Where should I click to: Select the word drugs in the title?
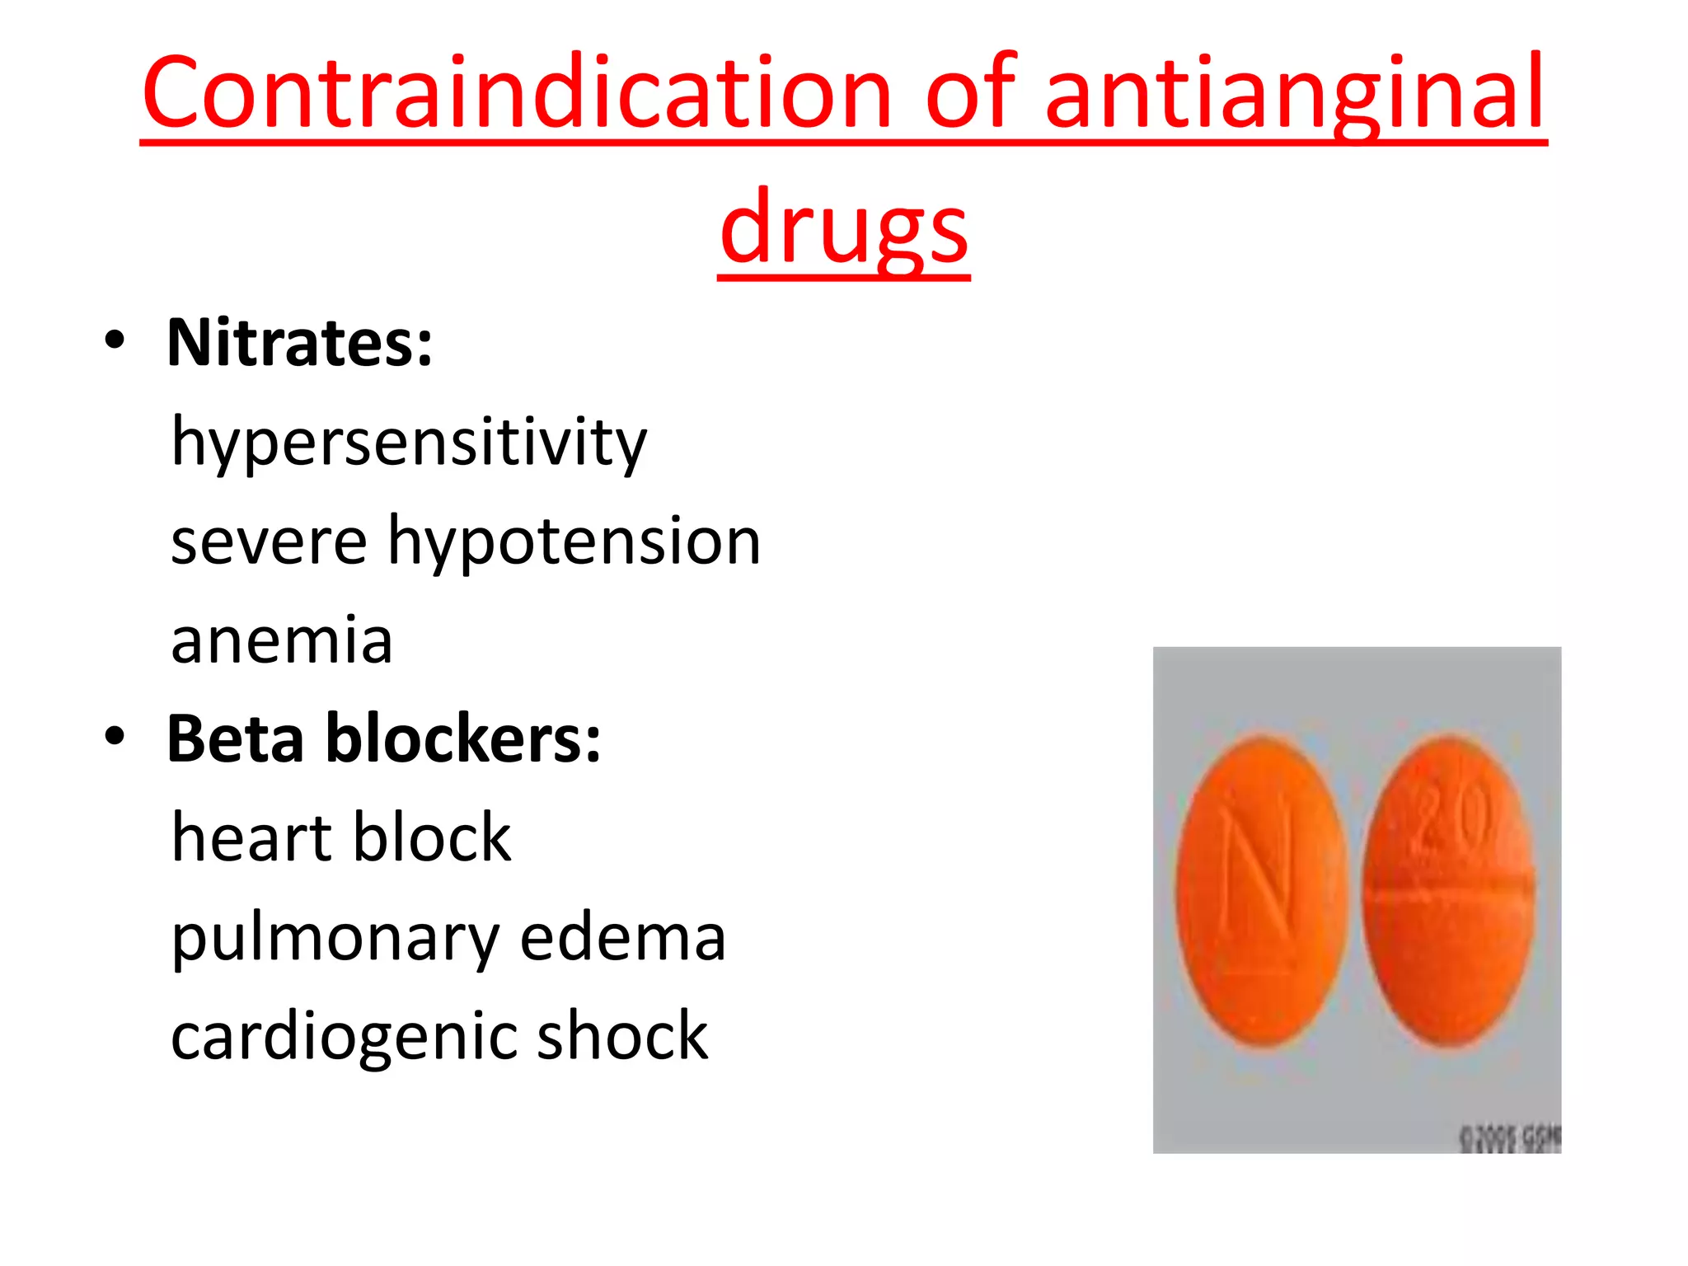(843, 229)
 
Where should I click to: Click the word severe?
(269, 542)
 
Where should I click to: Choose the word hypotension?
(574, 543)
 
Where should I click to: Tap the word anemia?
(282, 640)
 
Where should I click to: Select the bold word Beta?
(236, 738)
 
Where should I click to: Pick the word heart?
(251, 837)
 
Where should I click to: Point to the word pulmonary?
(335, 940)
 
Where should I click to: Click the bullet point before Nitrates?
(115, 341)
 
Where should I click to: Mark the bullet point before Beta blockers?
(115, 737)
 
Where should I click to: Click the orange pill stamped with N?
(1260, 890)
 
